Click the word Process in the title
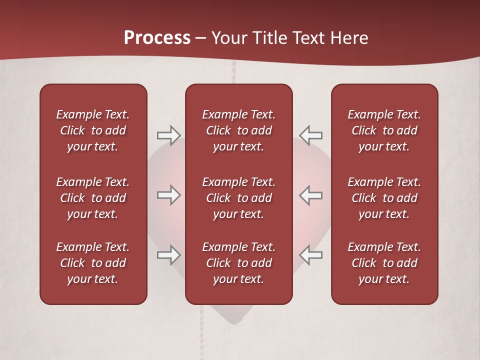click(x=157, y=38)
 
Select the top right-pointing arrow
click(x=168, y=135)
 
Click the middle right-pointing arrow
click(x=168, y=195)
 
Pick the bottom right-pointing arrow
click(x=168, y=255)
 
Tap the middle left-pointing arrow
click(x=310, y=195)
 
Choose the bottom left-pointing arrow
click(x=310, y=255)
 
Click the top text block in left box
click(x=93, y=130)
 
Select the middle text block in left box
click(x=93, y=198)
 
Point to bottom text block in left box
click(x=93, y=263)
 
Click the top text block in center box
click(x=238, y=130)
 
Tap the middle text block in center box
click(x=238, y=198)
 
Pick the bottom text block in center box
click(x=238, y=263)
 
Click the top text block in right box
click(x=384, y=130)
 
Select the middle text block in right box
click(x=384, y=198)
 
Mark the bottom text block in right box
click(x=384, y=263)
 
